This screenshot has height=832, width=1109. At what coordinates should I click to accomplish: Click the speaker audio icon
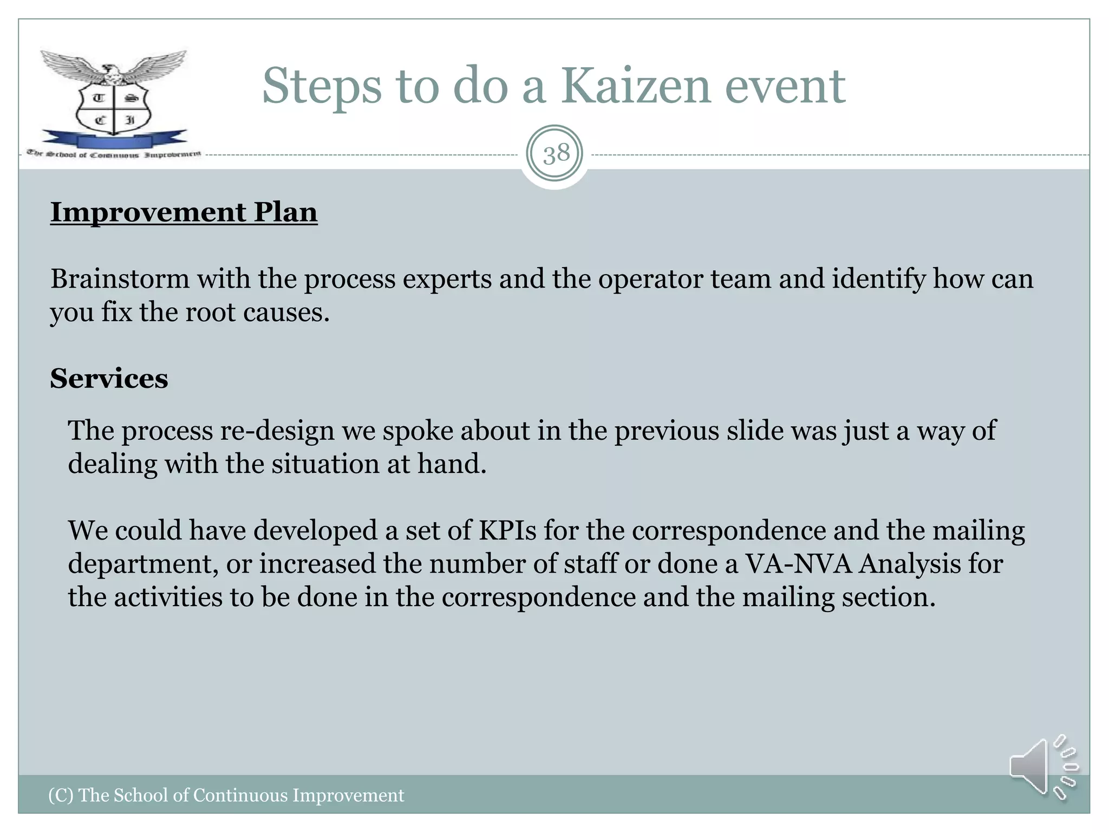click(x=1042, y=767)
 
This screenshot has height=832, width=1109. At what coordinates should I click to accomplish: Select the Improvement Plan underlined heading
click(x=184, y=212)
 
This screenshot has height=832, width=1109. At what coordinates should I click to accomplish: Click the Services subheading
click(x=109, y=378)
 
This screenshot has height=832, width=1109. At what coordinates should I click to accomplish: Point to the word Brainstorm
click(x=120, y=279)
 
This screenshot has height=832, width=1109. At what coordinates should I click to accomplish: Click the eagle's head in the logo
click(x=112, y=69)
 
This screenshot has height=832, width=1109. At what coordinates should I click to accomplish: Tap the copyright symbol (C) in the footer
click(x=61, y=795)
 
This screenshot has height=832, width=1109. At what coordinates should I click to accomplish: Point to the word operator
click(x=650, y=279)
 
